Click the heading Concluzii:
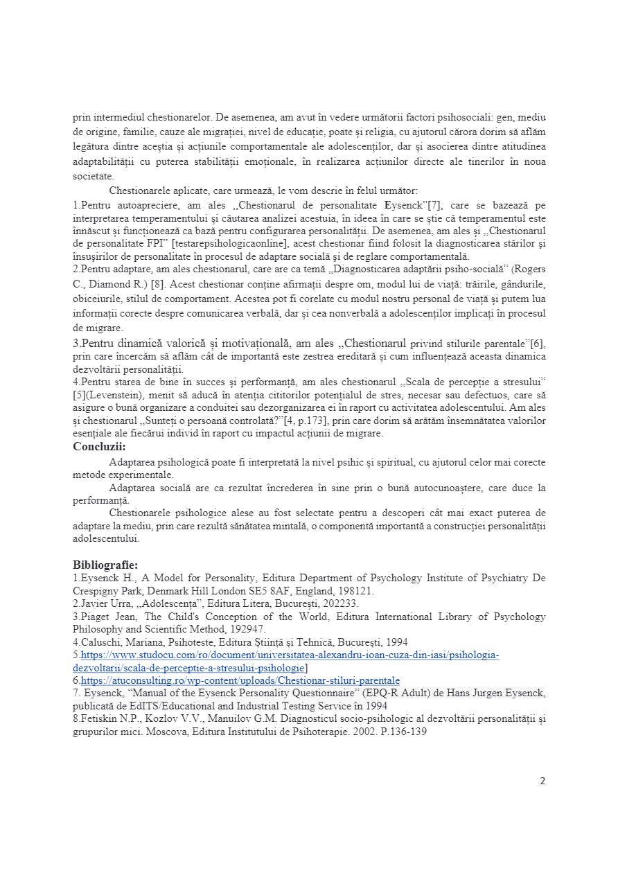pos(100,447)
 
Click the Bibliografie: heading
pos(105,563)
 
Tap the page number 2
pos(542,781)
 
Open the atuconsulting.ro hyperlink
pos(240,681)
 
